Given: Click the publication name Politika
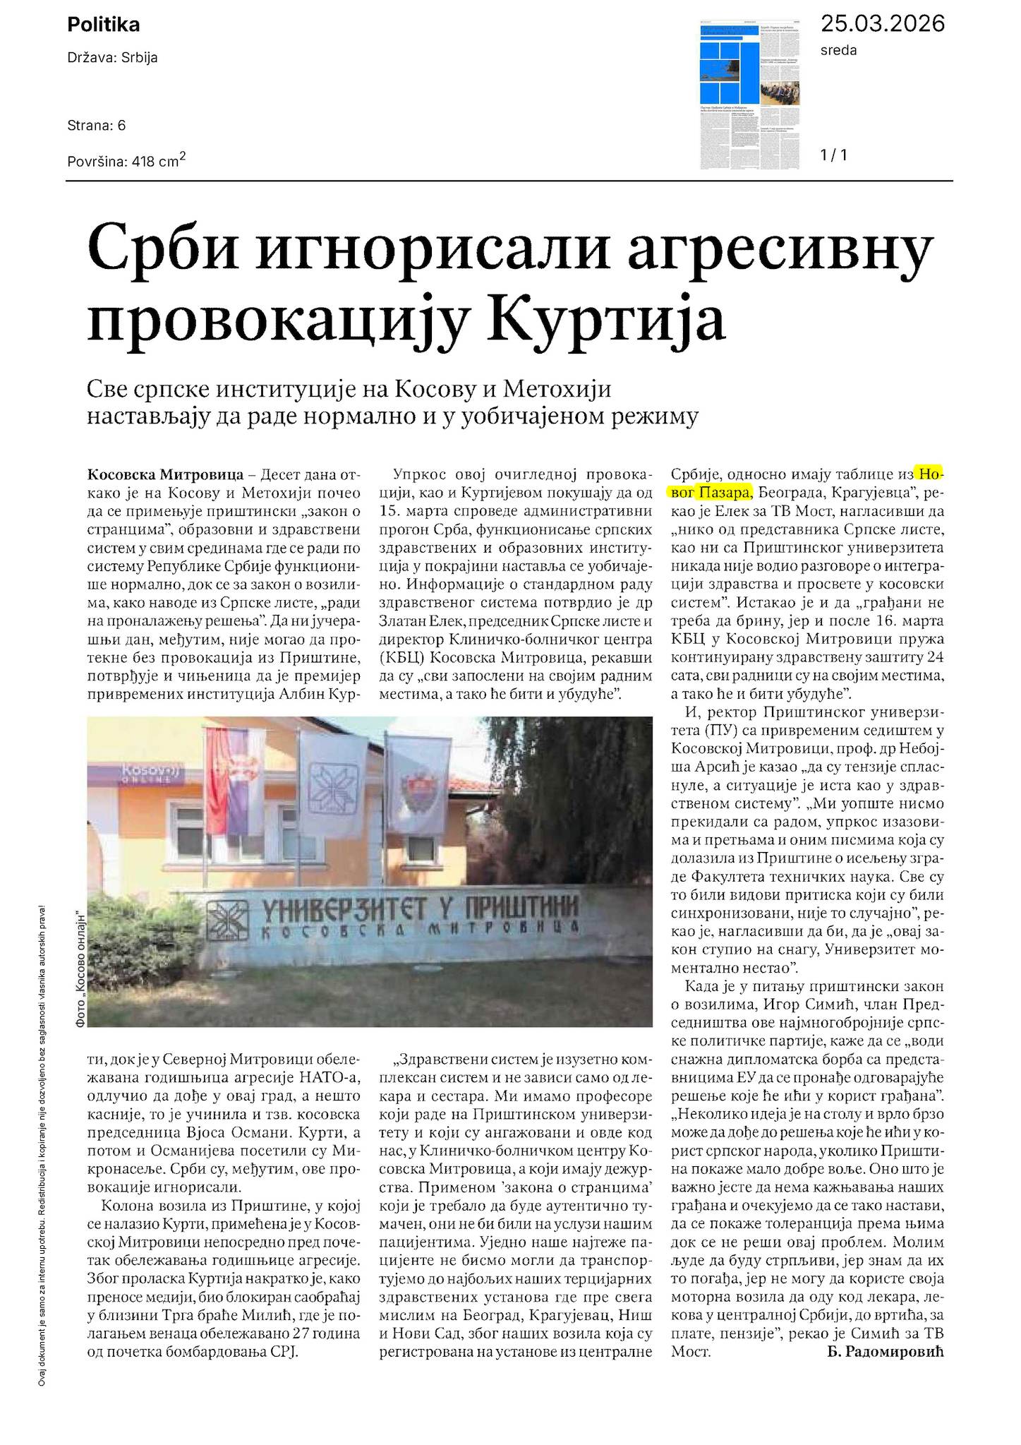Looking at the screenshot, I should [103, 25].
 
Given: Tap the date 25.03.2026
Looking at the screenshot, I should [881, 24].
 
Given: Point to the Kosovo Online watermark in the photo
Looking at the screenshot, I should [142, 774].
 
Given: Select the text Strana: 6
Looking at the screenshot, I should [97, 126].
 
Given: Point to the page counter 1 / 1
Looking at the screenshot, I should [833, 155].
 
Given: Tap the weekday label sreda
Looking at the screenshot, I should [838, 50].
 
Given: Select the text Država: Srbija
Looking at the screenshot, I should [112, 58].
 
